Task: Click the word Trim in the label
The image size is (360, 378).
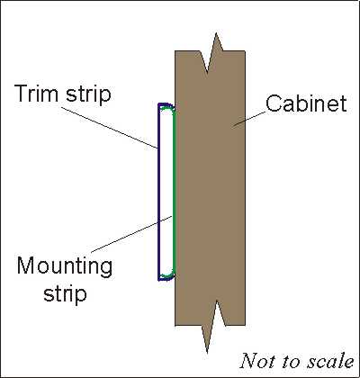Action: [37, 94]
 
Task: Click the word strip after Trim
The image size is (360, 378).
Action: [88, 95]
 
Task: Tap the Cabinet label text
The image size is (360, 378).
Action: [306, 103]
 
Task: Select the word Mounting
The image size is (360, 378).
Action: [65, 267]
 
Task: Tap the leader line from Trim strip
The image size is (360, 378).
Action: [111, 127]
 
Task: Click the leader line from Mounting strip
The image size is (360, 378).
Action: [131, 234]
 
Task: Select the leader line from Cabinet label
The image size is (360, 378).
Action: [249, 120]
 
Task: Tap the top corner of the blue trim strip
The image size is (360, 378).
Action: [158, 103]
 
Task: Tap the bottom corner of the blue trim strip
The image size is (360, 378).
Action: [158, 280]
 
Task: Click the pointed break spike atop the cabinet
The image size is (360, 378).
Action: [216, 33]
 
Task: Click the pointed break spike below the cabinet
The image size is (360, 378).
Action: [207, 353]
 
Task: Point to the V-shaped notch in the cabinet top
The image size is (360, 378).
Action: [207, 72]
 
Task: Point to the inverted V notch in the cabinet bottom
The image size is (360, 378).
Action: [217, 301]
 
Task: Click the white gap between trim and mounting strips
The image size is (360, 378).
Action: [166, 192]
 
